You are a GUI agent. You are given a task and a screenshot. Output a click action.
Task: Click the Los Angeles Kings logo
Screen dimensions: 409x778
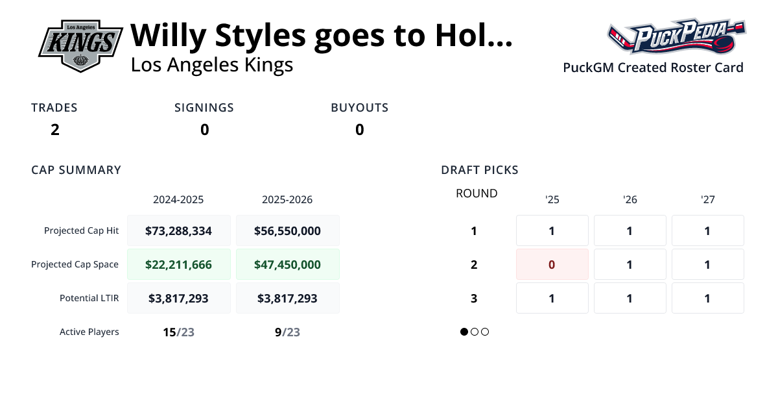(x=80, y=45)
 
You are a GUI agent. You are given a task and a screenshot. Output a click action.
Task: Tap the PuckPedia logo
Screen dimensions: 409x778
(x=676, y=37)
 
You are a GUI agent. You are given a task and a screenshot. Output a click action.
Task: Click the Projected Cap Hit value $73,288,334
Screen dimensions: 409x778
(x=178, y=230)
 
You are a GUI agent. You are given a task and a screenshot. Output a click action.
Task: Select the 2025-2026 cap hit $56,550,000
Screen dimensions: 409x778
(x=287, y=230)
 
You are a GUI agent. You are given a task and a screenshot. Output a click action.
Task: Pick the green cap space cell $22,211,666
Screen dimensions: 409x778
(x=178, y=264)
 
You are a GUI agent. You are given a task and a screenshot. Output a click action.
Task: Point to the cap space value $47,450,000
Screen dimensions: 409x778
(x=287, y=264)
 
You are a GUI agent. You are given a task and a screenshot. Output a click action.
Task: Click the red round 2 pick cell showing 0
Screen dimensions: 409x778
(x=552, y=264)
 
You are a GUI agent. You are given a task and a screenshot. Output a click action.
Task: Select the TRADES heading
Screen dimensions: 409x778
(x=54, y=108)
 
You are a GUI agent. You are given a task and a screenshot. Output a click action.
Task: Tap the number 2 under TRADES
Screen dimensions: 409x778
(x=55, y=130)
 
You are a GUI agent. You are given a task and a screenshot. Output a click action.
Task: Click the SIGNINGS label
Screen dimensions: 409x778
(x=204, y=108)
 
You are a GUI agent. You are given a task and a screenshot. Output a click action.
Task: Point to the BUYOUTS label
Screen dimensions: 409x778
(x=360, y=108)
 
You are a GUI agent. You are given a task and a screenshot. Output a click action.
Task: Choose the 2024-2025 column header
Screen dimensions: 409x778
(x=178, y=199)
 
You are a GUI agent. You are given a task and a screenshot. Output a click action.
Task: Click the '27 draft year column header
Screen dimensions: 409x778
(x=707, y=199)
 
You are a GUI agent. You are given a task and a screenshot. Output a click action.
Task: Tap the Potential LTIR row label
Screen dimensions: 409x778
(x=89, y=298)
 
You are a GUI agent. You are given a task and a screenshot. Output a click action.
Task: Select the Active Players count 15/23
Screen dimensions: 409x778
(x=178, y=332)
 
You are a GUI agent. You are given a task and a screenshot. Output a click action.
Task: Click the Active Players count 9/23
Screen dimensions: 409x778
(x=287, y=332)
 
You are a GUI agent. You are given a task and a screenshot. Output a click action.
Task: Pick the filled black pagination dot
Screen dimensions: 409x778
(x=464, y=332)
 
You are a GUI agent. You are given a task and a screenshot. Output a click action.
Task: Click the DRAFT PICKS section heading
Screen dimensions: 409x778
(x=480, y=170)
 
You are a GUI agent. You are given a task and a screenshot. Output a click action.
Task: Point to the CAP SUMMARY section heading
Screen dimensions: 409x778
(x=77, y=170)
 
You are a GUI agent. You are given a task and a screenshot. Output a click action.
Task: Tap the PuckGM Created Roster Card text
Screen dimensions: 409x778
(x=653, y=68)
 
